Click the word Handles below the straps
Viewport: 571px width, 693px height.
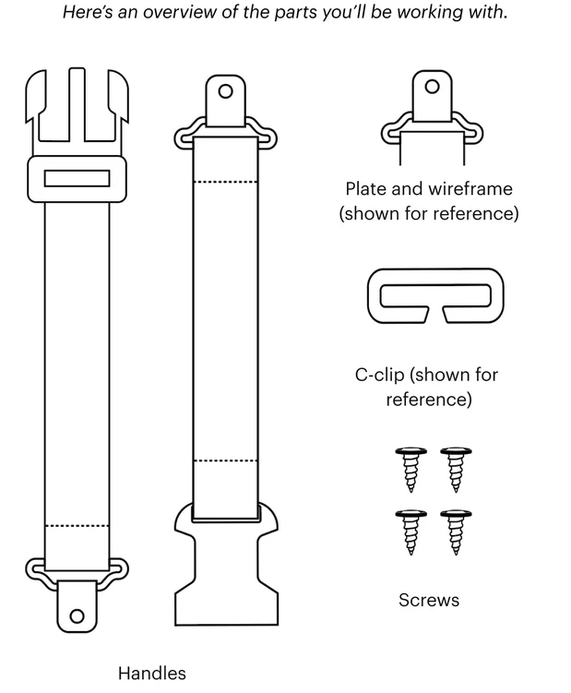(152, 673)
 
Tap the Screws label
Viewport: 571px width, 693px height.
(429, 600)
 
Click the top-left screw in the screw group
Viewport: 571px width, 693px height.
(410, 470)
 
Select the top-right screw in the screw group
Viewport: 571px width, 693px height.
(456, 470)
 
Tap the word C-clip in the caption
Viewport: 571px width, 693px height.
(380, 375)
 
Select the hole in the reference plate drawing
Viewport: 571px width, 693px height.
(433, 87)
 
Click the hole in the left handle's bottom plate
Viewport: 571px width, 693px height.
(77, 616)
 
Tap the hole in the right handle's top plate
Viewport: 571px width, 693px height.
(226, 91)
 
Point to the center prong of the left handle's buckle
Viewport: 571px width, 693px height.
(77, 105)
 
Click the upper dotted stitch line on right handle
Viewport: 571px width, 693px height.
(226, 182)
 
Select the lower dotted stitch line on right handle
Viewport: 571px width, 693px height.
(226, 461)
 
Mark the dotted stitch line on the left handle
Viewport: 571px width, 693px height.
(77, 526)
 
